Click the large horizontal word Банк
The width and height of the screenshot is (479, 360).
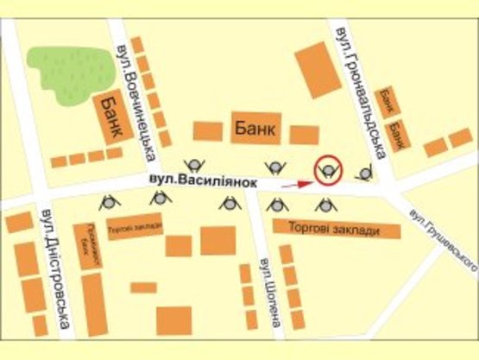coord(255,129)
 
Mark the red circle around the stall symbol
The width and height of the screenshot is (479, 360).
coord(328,169)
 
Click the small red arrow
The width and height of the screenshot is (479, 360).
coord(296,183)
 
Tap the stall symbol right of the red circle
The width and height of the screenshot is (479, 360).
coord(365,174)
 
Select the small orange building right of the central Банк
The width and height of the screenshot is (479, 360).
coord(305,135)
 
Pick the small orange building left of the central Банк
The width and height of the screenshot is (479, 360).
coord(207,130)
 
